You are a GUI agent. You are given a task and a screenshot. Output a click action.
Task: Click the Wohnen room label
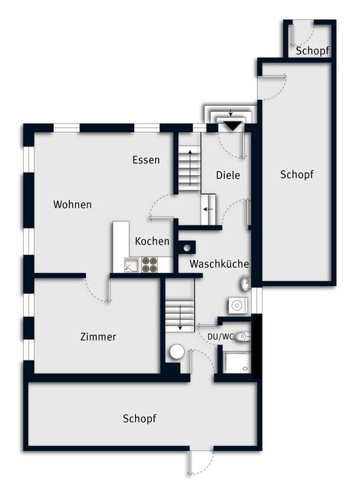coord(72,205)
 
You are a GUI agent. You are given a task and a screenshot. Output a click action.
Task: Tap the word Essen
coord(146,160)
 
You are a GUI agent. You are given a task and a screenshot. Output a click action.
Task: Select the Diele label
coord(228,175)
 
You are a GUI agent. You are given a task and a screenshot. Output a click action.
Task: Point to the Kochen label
coord(152,242)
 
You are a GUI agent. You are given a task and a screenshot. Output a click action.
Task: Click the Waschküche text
coord(219,264)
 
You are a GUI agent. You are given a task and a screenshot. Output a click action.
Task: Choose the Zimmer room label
coord(98,337)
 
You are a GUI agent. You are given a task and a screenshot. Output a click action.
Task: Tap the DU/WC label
coord(220,337)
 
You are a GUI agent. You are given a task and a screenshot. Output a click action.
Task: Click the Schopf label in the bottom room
coord(140,419)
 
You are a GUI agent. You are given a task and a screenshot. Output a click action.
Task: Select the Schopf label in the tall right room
coord(296,175)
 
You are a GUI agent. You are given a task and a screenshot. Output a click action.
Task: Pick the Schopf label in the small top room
coord(312,51)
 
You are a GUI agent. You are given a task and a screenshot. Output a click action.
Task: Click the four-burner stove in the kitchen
coord(149,265)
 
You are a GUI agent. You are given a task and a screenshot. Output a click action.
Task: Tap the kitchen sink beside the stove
coord(131,265)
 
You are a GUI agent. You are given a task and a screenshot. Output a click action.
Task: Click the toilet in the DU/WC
coord(243,336)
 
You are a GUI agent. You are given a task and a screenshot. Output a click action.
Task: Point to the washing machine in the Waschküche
coord(237,305)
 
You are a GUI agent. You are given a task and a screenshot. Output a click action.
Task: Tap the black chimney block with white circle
coord(186,247)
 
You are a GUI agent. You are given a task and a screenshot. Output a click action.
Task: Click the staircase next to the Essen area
coord(189,163)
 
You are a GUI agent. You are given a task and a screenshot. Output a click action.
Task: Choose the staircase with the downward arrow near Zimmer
coord(180,307)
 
